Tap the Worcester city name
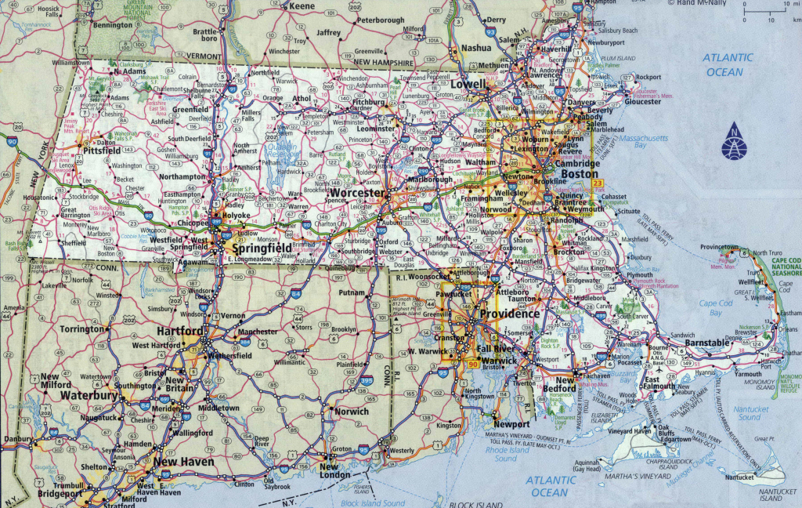pos(358,193)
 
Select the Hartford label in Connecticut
pos(179,332)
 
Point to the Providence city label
pos(509,314)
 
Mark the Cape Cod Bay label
pos(715,308)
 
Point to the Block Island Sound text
pos(371,503)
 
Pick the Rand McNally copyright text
pos(695,3)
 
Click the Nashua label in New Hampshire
pos(475,48)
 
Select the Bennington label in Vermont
pos(112,25)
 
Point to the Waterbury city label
pos(90,396)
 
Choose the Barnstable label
pos(707,343)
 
